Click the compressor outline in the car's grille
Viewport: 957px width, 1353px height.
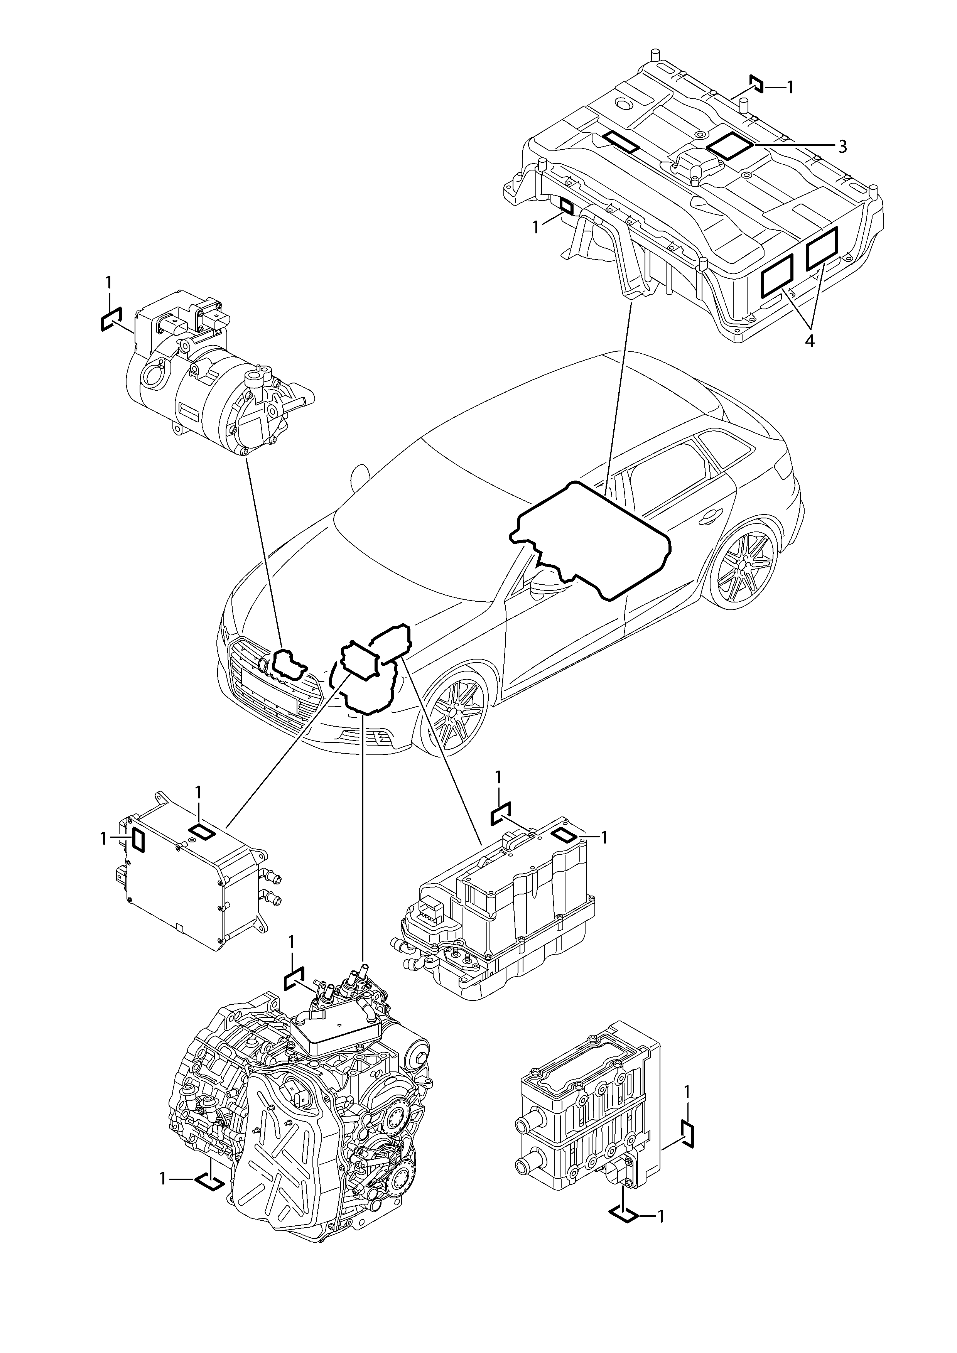tap(289, 664)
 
